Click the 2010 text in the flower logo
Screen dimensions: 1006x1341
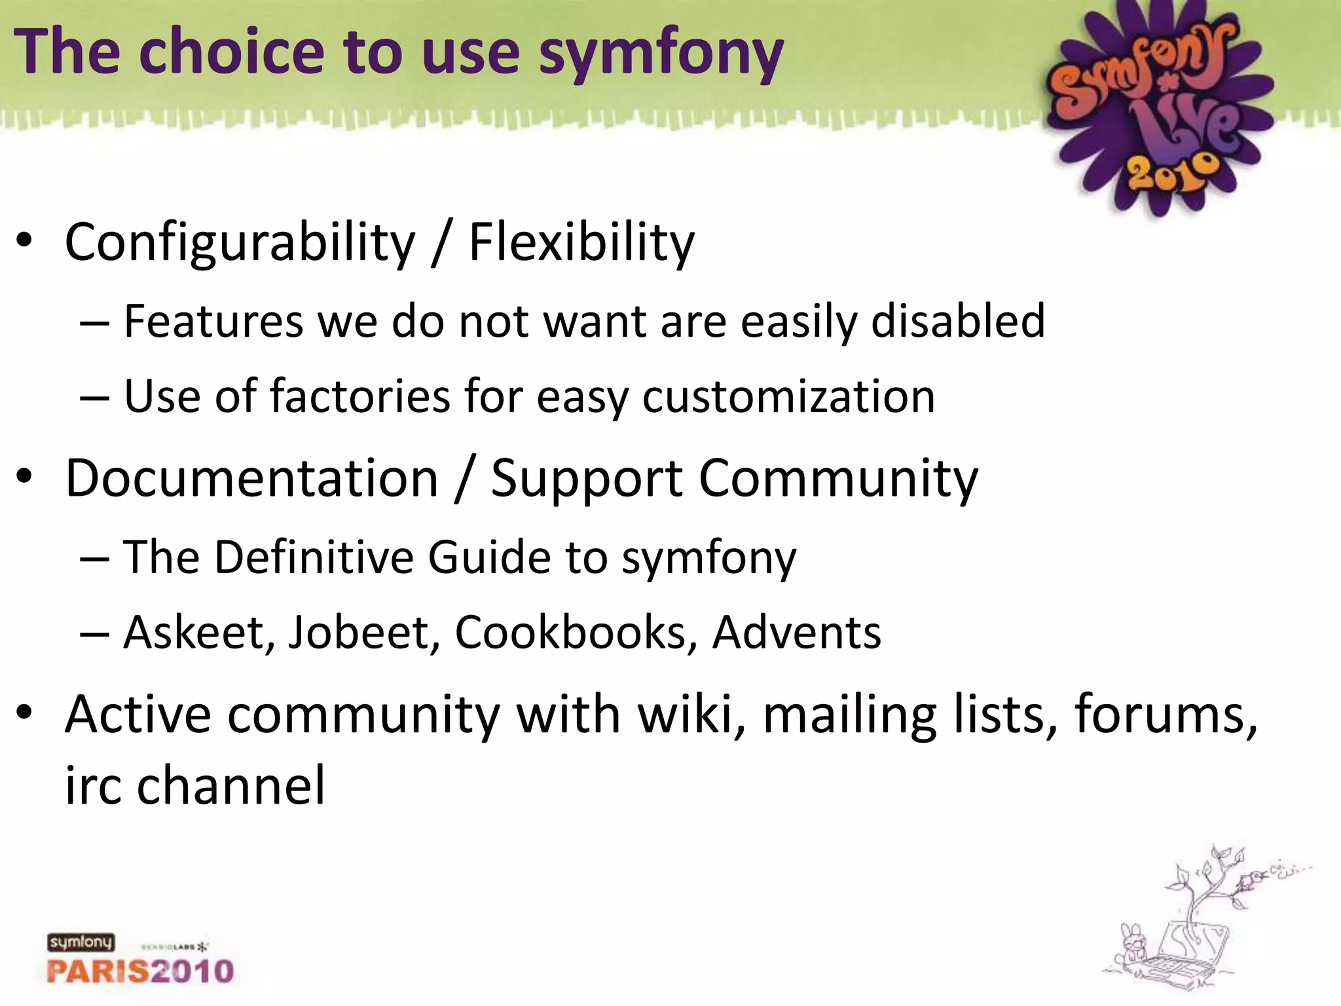1173,172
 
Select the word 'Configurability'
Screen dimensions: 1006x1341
240,243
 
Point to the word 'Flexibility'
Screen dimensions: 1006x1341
581,243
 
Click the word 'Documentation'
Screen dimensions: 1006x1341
251,478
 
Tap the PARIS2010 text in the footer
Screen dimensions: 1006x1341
140,971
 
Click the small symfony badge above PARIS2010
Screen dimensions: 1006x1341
81,942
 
